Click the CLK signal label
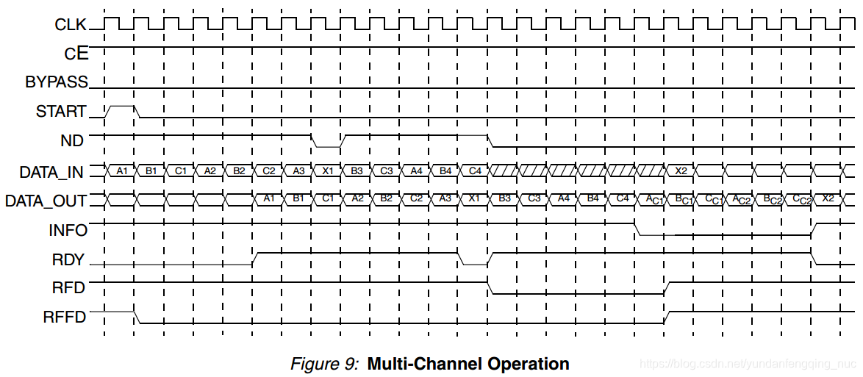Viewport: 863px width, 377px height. point(71,24)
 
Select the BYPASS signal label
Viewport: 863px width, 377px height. point(57,82)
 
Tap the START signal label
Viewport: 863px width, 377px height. point(61,112)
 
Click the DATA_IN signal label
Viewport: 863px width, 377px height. point(51,173)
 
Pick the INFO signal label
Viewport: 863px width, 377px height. point(68,230)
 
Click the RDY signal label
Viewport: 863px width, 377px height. point(69,259)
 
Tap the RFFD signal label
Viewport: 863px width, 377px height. point(65,317)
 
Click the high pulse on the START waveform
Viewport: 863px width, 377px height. point(122,107)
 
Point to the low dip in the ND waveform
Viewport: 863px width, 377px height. point(327,146)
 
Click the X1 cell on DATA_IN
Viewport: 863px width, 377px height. point(328,171)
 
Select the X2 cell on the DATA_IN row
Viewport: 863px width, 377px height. point(681,171)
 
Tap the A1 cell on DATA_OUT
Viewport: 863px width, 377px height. point(269,198)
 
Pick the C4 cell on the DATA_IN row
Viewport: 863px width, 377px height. point(475,171)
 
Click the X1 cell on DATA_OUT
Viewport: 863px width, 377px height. point(475,198)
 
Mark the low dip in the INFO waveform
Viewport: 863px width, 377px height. point(656,234)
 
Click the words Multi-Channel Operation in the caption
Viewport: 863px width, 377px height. point(468,364)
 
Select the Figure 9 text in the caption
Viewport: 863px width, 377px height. point(324,364)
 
